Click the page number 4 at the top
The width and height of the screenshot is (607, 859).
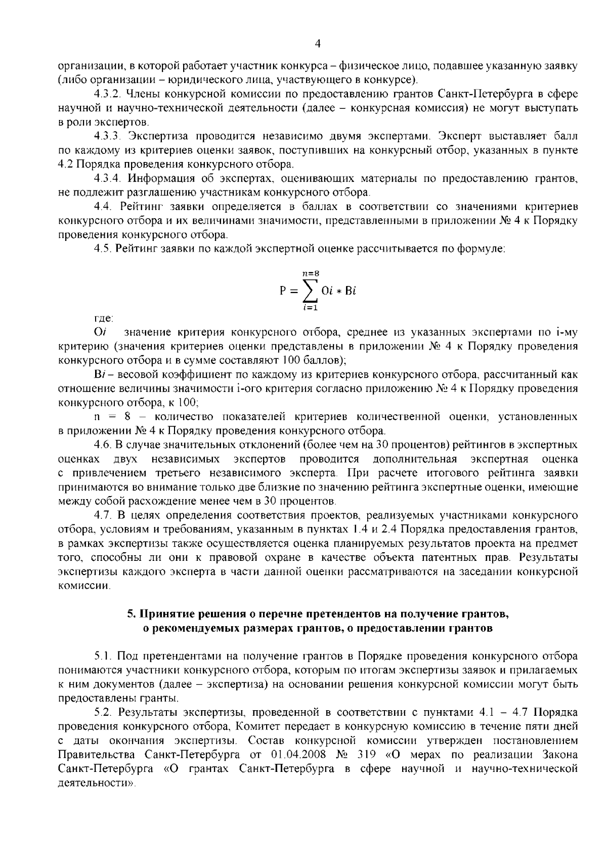pos(317,44)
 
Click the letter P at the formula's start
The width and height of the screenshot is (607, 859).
pos(283,292)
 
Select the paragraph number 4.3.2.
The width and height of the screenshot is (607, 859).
pos(107,94)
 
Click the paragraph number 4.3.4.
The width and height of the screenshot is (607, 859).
pos(107,179)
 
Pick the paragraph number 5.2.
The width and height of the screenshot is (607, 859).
pos(102,712)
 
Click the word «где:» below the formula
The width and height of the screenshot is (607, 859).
pos(104,319)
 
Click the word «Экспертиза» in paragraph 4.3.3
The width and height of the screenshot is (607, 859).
pos(155,136)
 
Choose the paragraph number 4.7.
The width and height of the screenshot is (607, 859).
pos(102,516)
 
